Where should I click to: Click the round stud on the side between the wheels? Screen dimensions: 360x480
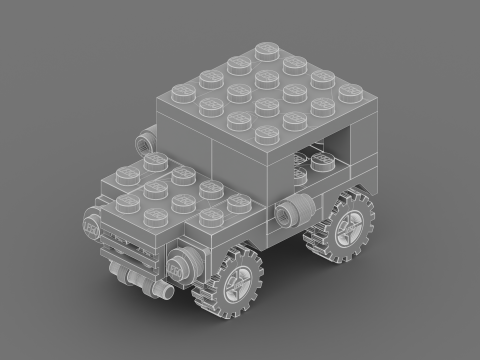[291, 212]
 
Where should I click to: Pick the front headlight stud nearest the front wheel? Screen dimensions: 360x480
[182, 267]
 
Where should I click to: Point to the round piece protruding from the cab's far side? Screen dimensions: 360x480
[146, 137]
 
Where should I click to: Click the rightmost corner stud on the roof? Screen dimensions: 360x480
[350, 92]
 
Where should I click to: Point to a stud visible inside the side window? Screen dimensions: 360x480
[319, 160]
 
